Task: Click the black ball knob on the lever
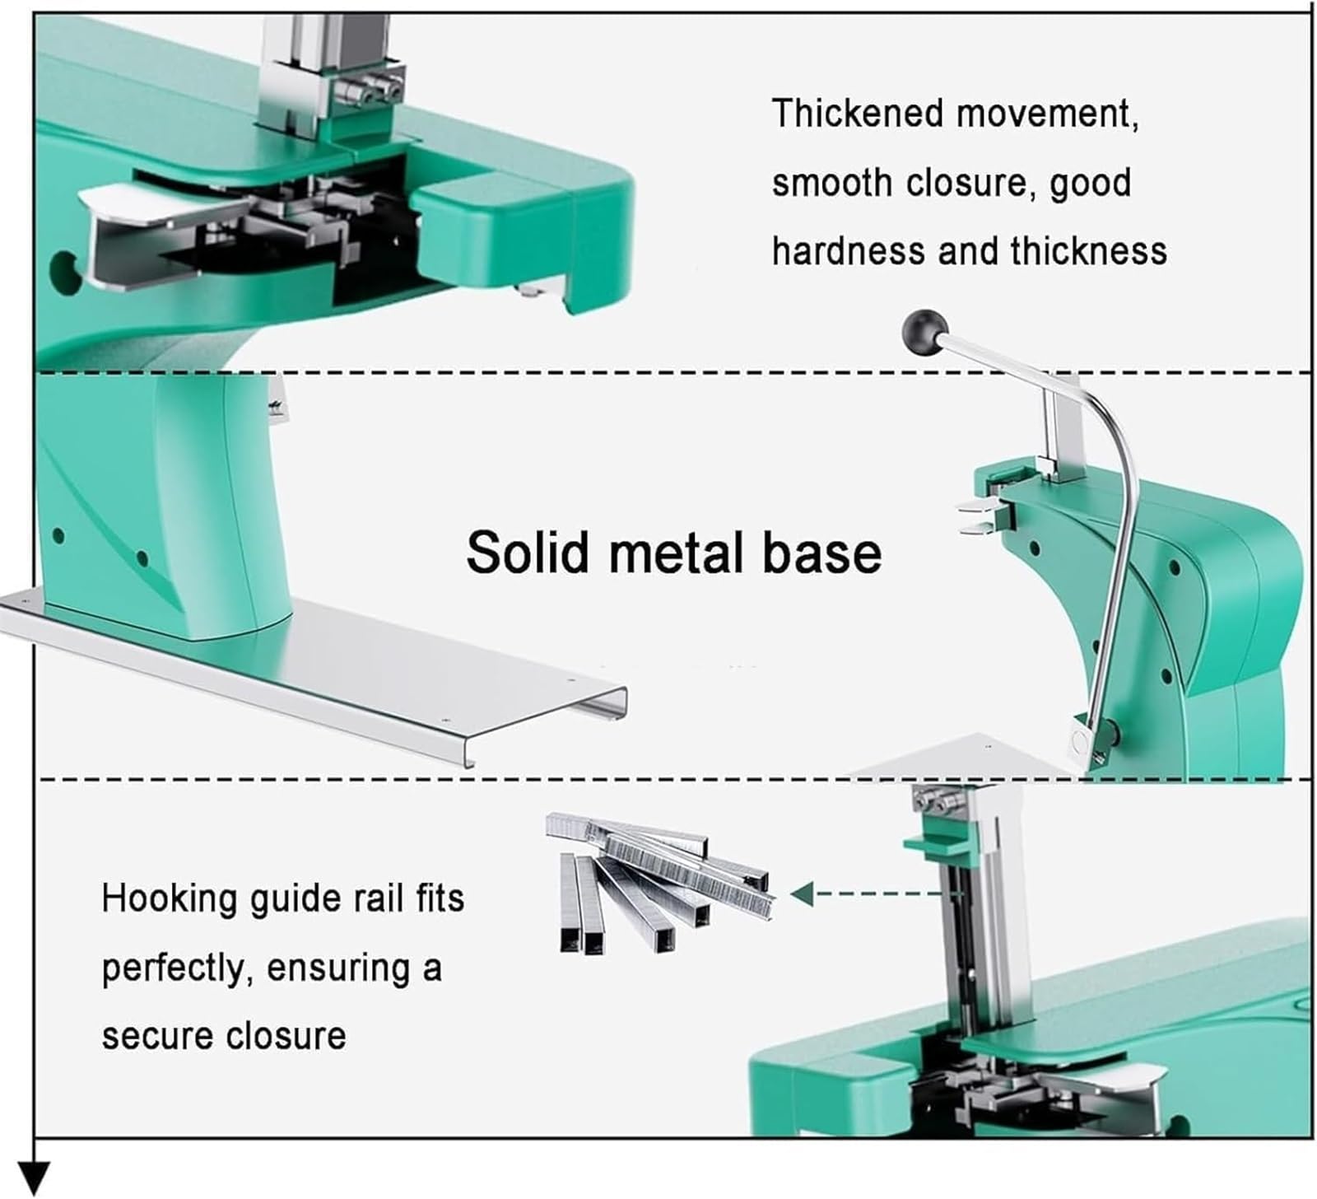click(926, 332)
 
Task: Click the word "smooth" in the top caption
click(831, 182)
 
